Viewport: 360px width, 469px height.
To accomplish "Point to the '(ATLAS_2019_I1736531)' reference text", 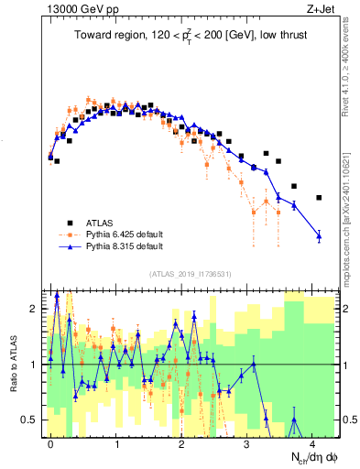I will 191,274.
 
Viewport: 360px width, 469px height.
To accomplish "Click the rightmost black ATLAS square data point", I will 319,197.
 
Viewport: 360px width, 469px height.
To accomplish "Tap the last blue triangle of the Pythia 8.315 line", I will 319,236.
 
